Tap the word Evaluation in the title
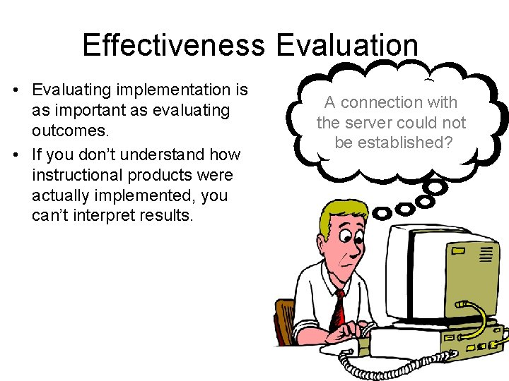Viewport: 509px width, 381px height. (x=347, y=45)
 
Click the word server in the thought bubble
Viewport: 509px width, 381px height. (x=381, y=123)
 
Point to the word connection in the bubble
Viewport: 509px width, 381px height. (x=387, y=102)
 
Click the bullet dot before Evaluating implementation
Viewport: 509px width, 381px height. (x=16, y=90)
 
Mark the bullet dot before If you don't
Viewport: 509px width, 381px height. (x=16, y=155)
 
